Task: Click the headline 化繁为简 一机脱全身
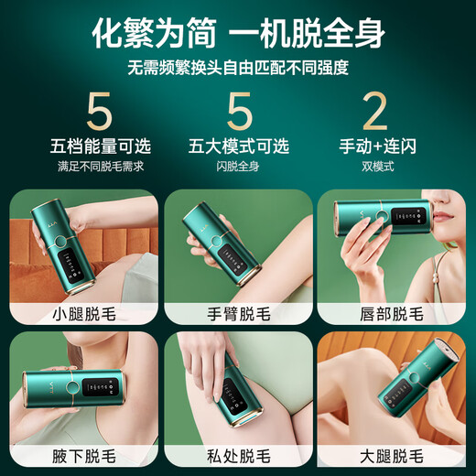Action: coord(238,34)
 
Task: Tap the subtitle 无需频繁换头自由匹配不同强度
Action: coord(238,70)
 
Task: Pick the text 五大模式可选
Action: coord(238,146)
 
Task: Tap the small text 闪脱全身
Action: coord(238,167)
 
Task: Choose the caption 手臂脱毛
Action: coord(238,314)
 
